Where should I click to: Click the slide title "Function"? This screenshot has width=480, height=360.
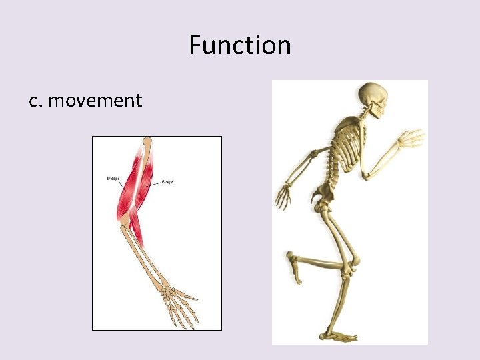[240, 46]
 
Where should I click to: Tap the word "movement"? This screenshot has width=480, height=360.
[95, 101]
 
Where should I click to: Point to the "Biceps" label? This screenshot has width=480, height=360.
[167, 181]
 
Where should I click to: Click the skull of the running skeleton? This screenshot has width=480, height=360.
[371, 97]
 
